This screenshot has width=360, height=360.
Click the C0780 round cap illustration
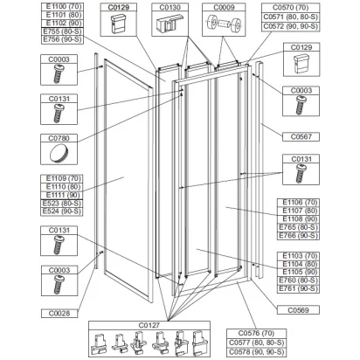59,153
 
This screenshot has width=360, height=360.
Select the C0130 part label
170,7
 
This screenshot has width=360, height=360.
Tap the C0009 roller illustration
224,24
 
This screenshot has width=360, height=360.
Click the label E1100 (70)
62,6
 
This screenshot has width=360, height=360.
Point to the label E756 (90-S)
62,39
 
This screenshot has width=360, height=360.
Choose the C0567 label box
301,136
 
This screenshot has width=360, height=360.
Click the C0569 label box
298,310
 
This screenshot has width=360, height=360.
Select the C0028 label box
59,313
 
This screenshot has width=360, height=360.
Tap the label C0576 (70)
256,333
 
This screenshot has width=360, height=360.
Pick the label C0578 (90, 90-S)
256,351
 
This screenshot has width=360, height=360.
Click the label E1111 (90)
62,195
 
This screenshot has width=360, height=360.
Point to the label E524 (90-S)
62,211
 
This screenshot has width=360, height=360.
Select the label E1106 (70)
300,202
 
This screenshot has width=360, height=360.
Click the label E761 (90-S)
298,288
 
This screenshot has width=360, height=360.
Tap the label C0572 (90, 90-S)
290,26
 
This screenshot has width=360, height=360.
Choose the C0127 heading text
149,325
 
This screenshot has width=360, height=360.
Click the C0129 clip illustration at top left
118,24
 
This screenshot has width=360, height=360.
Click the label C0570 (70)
290,8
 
